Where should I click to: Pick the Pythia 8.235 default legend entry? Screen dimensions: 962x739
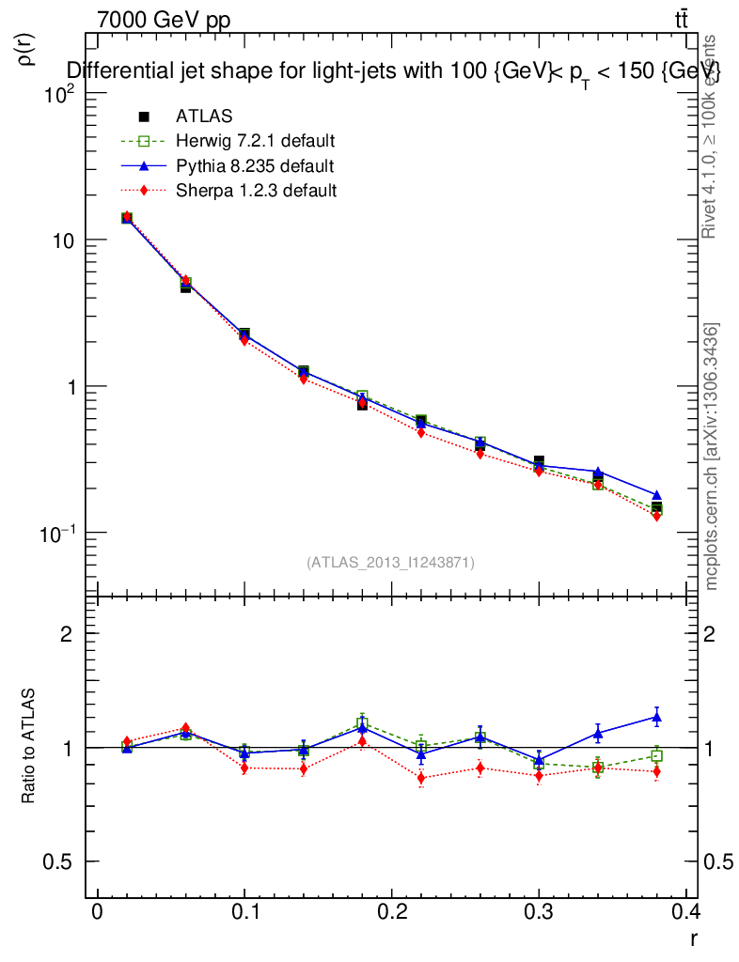click(254, 166)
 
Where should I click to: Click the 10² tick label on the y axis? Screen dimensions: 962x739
click(59, 94)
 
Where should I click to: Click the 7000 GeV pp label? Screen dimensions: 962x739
click(164, 21)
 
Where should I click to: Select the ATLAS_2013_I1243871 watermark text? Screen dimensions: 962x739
click(390, 563)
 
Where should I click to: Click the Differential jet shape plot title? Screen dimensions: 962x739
click(393, 72)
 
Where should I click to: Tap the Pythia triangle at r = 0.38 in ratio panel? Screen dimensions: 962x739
click(656, 718)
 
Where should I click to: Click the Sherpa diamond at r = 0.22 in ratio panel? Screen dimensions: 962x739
click(421, 778)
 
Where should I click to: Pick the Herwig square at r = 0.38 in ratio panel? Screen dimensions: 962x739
click(656, 755)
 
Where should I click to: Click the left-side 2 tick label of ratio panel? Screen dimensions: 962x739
click(67, 634)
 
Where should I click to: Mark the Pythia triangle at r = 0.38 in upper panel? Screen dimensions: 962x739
click(656, 495)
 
